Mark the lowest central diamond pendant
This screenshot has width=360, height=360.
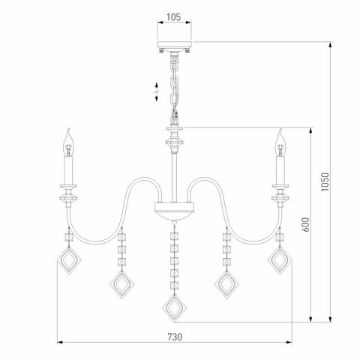tap(175, 309)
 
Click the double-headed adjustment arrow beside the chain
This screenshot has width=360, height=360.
tap(156, 90)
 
